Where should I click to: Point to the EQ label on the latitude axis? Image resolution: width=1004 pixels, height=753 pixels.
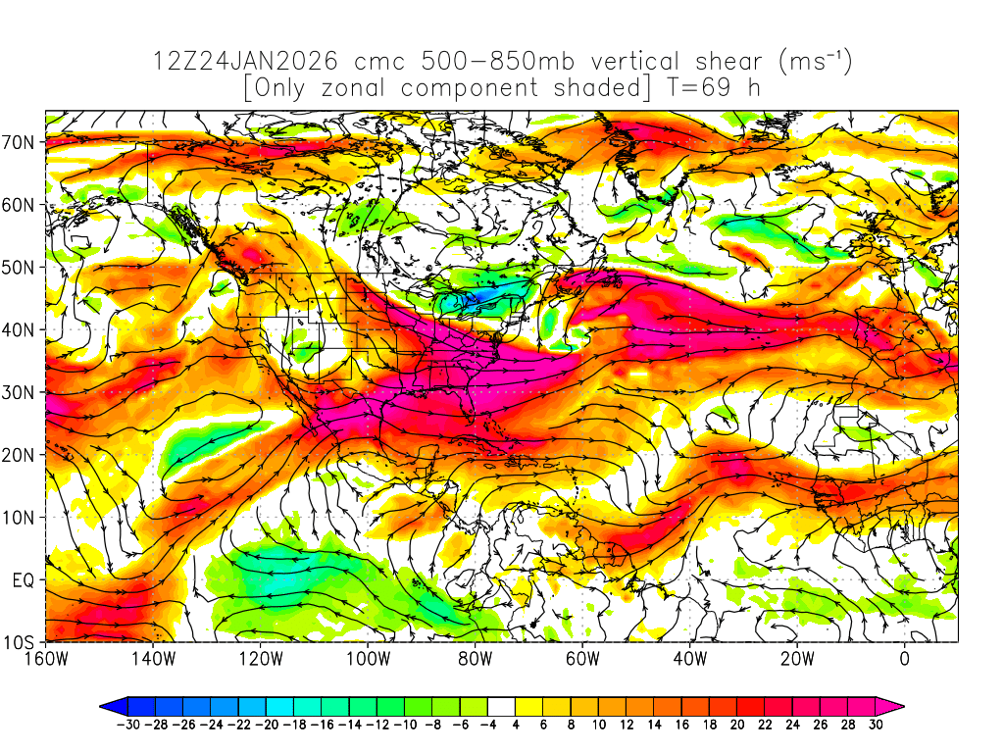pyautogui.click(x=24, y=580)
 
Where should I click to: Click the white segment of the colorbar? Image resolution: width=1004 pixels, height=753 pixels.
pyautogui.click(x=501, y=706)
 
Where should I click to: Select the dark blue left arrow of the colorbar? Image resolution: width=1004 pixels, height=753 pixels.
pyautogui.click(x=111, y=706)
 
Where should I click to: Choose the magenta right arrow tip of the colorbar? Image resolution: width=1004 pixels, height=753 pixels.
pyautogui.click(x=894, y=706)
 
